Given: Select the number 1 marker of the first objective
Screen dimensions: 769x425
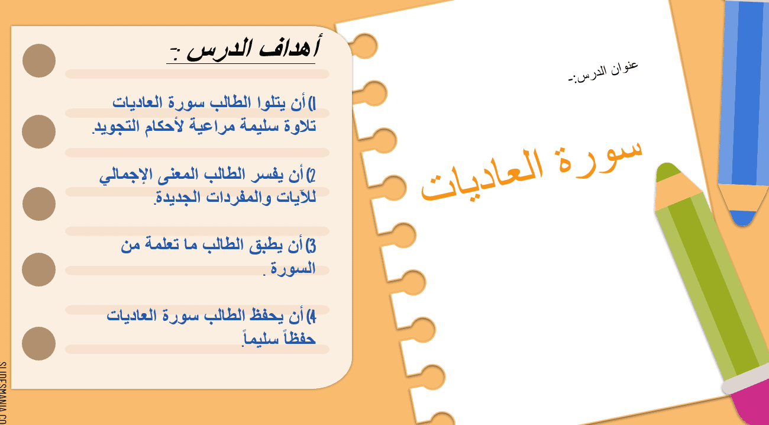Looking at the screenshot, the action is coord(312,104).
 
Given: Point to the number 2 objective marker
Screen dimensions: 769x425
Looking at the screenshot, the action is coord(311,176).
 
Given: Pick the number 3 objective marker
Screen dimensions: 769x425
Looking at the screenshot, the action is coord(311,246).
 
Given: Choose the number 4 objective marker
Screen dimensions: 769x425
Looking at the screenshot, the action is coord(311,317).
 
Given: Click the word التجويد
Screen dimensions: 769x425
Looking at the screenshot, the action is coord(117,127).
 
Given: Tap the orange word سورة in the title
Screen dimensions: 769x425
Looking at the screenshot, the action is coord(600,156).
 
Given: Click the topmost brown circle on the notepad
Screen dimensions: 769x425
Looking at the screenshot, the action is coord(39,60).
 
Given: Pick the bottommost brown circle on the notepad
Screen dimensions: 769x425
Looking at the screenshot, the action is coord(38,343).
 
